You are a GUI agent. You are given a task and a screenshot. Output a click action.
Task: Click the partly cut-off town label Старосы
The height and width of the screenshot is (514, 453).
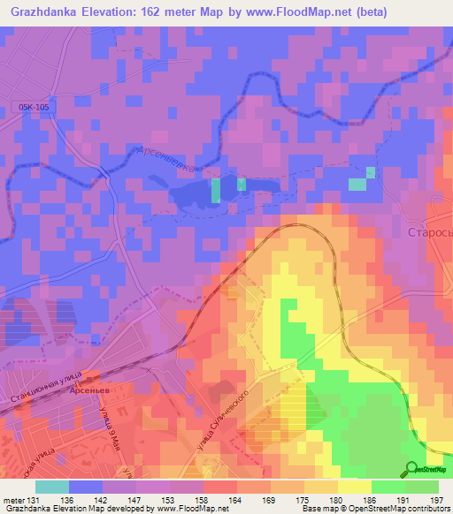428,234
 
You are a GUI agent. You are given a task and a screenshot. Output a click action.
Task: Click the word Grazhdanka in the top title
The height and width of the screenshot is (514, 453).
47,11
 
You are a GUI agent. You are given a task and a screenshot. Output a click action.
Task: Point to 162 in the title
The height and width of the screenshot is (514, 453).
170,11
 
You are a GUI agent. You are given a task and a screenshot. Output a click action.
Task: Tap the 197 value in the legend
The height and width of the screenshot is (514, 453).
436,500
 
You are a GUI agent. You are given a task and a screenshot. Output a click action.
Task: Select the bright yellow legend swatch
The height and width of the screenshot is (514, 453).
354,487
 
